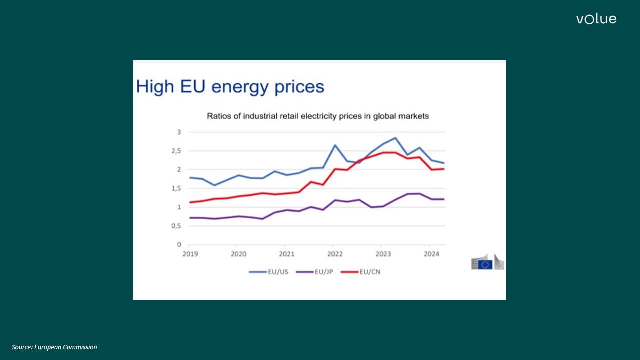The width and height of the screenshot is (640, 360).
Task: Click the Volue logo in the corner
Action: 596,19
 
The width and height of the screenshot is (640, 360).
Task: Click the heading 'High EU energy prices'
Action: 230,87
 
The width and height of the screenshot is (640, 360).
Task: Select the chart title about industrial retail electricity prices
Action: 318,116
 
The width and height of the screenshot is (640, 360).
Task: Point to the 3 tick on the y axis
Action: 178,132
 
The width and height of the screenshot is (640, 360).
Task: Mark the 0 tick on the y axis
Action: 178,245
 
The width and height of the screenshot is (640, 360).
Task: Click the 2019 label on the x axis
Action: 190,254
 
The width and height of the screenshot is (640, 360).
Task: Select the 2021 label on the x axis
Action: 286,254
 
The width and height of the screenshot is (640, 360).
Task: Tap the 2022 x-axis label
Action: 334,254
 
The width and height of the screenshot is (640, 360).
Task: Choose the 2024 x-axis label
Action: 431,254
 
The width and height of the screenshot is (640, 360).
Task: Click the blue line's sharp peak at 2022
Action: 335,145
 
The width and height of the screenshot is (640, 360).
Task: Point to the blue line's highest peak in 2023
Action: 395,138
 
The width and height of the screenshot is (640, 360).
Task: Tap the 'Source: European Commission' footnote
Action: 55,347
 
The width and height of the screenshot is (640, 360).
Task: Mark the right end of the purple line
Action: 444,199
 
